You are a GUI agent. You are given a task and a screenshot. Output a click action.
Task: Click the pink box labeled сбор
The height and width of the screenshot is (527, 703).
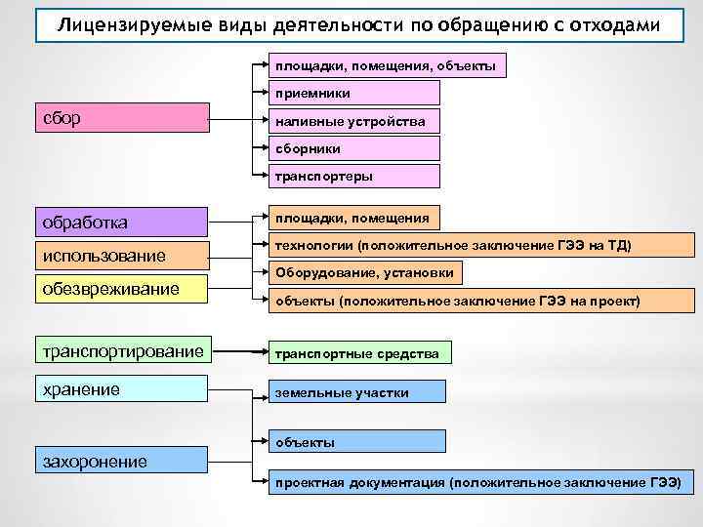pos(121,119)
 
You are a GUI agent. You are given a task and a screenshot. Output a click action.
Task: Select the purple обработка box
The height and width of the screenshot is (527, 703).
pos(121,222)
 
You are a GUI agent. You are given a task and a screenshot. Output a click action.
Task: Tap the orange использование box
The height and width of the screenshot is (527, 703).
pos(121,256)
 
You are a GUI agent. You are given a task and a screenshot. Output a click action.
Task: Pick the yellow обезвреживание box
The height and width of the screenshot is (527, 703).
pos(121,289)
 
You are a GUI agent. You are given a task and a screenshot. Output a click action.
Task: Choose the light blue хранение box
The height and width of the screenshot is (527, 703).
pos(121,389)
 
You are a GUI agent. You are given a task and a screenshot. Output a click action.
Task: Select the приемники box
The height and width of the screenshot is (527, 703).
pos(354,94)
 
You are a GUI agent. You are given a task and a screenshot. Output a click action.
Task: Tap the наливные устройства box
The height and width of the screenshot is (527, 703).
pos(354,121)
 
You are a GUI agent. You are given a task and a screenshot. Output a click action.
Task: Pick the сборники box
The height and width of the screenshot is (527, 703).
pos(354,148)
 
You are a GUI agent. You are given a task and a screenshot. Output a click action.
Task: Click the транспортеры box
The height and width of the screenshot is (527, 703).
pos(354,177)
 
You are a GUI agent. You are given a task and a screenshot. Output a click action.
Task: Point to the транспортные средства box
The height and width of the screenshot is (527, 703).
pos(358,353)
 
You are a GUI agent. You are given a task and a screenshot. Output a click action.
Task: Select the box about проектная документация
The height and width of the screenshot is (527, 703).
pos(477,482)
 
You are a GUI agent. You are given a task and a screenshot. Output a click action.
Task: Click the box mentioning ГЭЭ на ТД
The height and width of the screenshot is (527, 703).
pos(452,247)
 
